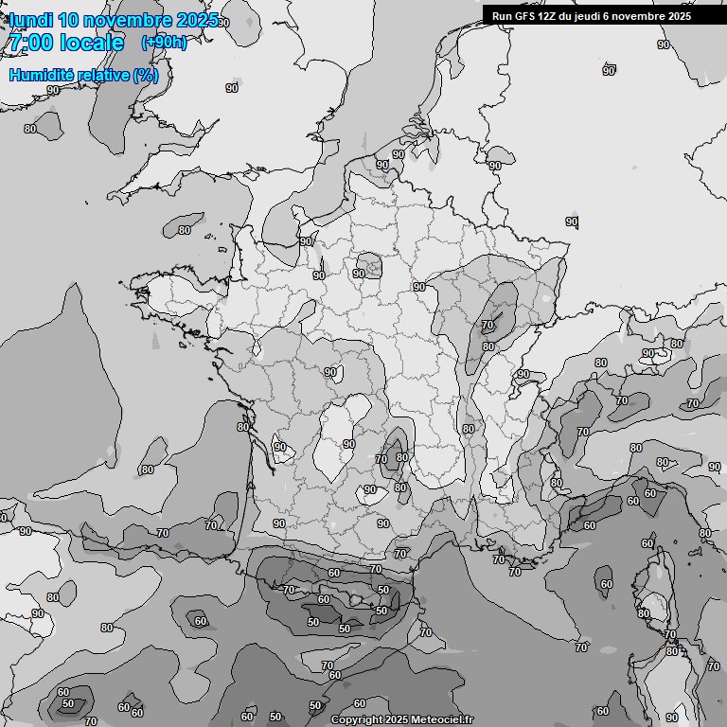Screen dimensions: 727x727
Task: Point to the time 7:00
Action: click(29, 43)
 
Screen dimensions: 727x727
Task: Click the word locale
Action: click(90, 43)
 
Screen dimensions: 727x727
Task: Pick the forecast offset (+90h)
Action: click(164, 43)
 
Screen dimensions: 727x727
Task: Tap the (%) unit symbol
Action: click(146, 75)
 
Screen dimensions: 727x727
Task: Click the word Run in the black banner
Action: click(502, 16)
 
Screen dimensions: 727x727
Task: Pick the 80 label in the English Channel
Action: click(184, 229)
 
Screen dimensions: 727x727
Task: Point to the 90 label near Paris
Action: click(359, 274)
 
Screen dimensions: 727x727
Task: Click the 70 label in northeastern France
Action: click(488, 325)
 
